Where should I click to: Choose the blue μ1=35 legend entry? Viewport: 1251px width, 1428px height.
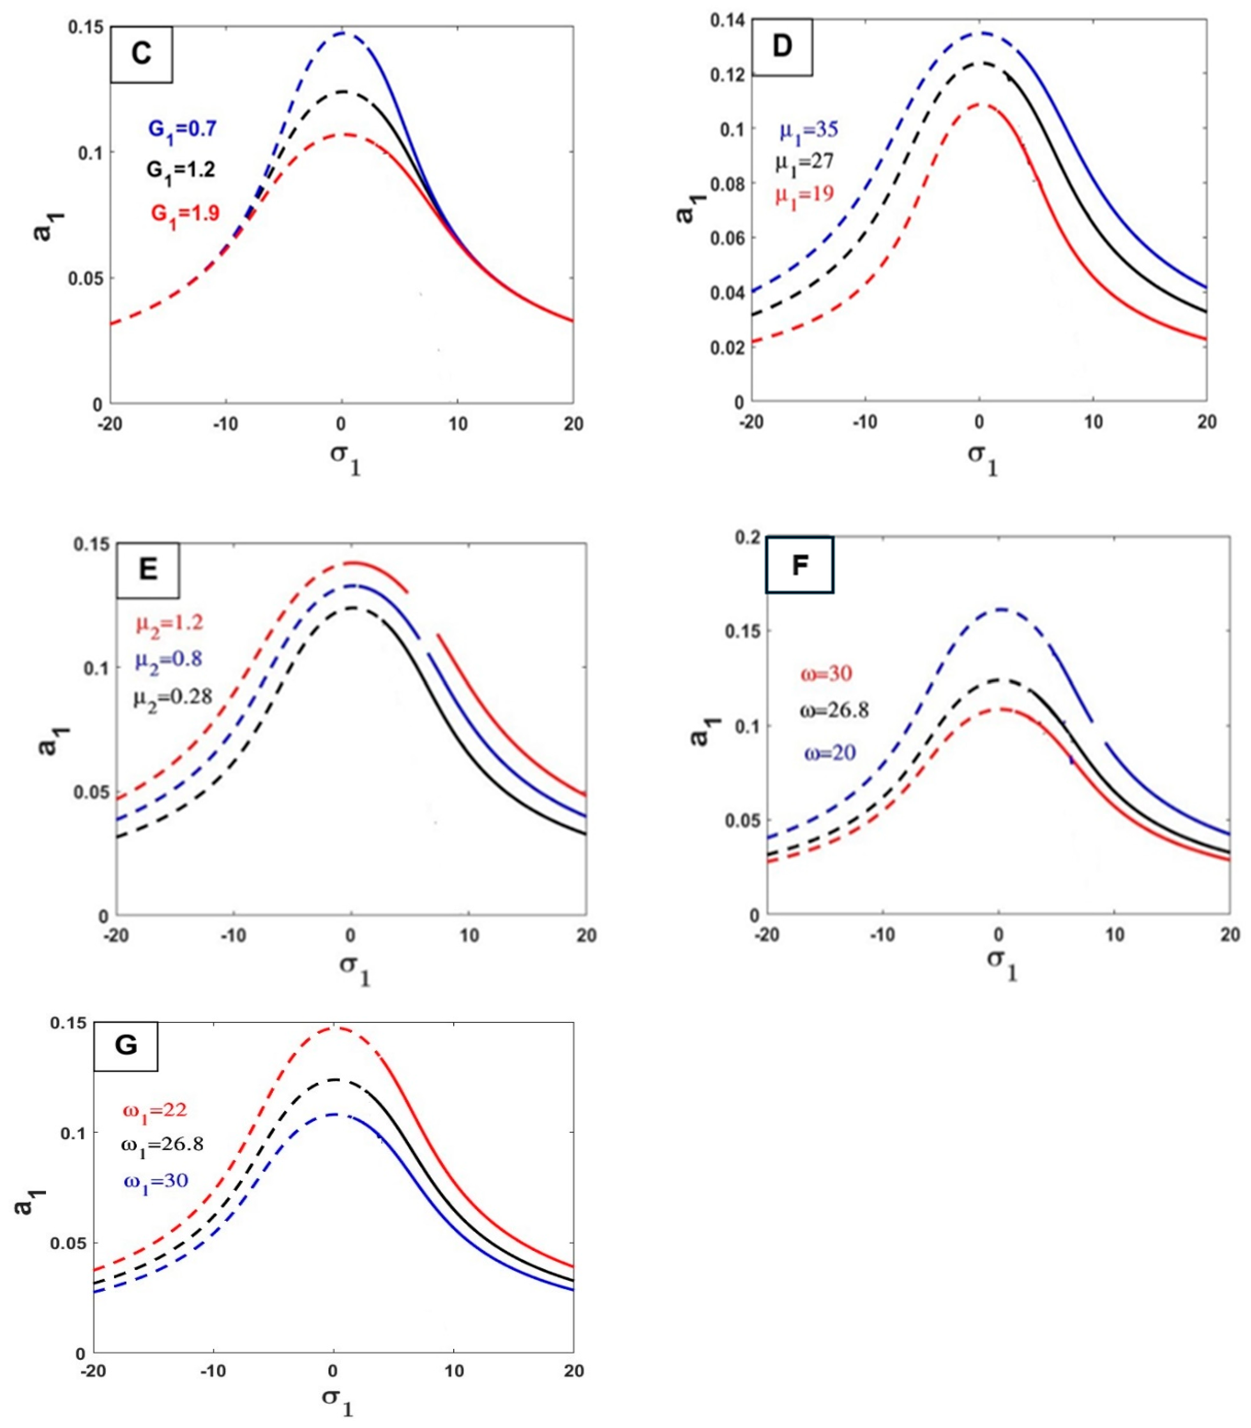[808, 130]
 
